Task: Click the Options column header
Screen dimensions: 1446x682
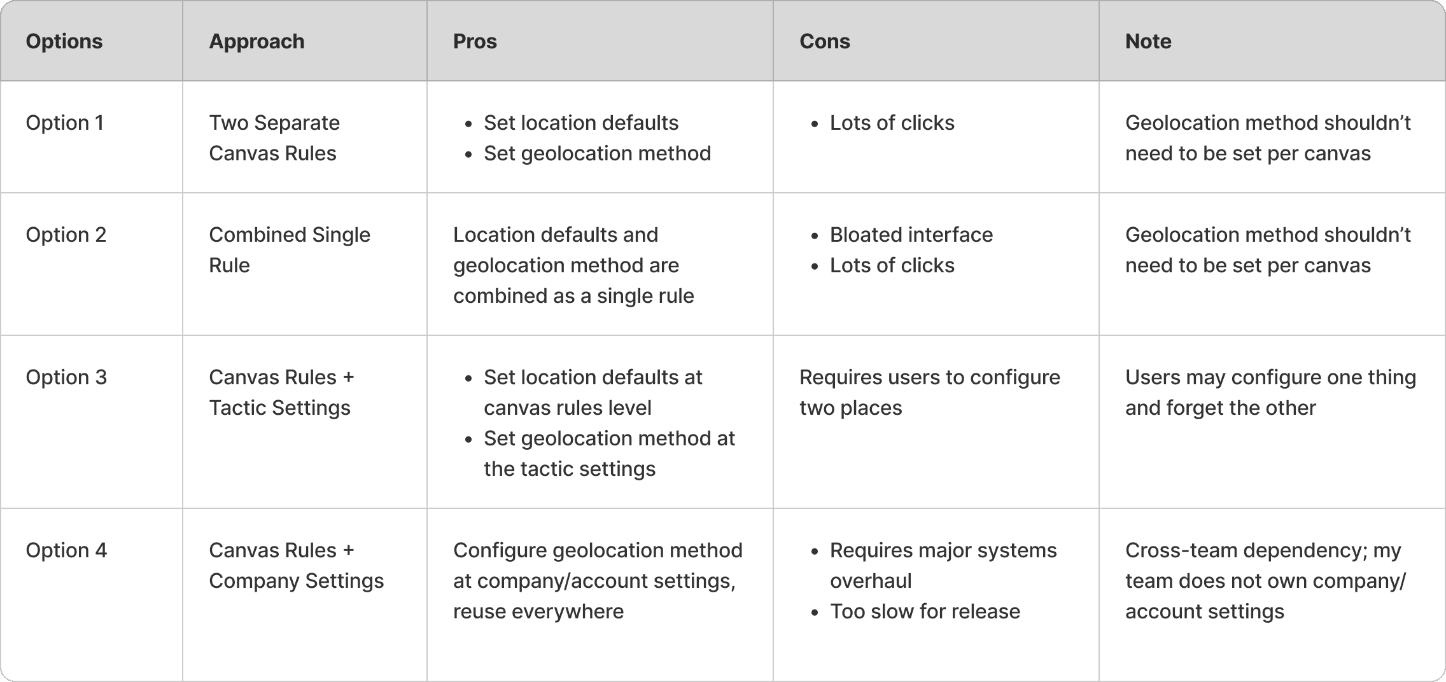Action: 64,41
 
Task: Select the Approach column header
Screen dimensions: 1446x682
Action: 256,41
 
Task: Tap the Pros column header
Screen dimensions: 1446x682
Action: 475,41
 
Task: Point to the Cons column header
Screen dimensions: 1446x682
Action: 824,41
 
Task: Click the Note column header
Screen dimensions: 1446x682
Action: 1148,41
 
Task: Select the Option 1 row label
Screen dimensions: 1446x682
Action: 64,123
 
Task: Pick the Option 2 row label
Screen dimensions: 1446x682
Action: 66,235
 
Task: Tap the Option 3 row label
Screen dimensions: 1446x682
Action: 66,377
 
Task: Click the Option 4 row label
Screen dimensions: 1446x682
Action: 66,550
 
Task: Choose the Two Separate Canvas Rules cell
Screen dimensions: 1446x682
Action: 274,138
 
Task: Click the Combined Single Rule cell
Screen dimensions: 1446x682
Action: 289,250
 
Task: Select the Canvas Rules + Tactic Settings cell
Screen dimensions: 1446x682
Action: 281,393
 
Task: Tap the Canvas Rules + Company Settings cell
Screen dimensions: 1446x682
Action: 296,566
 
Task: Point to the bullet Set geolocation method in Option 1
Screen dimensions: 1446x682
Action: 597,153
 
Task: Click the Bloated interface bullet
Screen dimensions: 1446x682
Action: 911,235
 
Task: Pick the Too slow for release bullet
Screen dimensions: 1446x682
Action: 925,611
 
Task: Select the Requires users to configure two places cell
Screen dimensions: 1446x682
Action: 929,393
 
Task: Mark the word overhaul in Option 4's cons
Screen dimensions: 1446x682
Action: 871,581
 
